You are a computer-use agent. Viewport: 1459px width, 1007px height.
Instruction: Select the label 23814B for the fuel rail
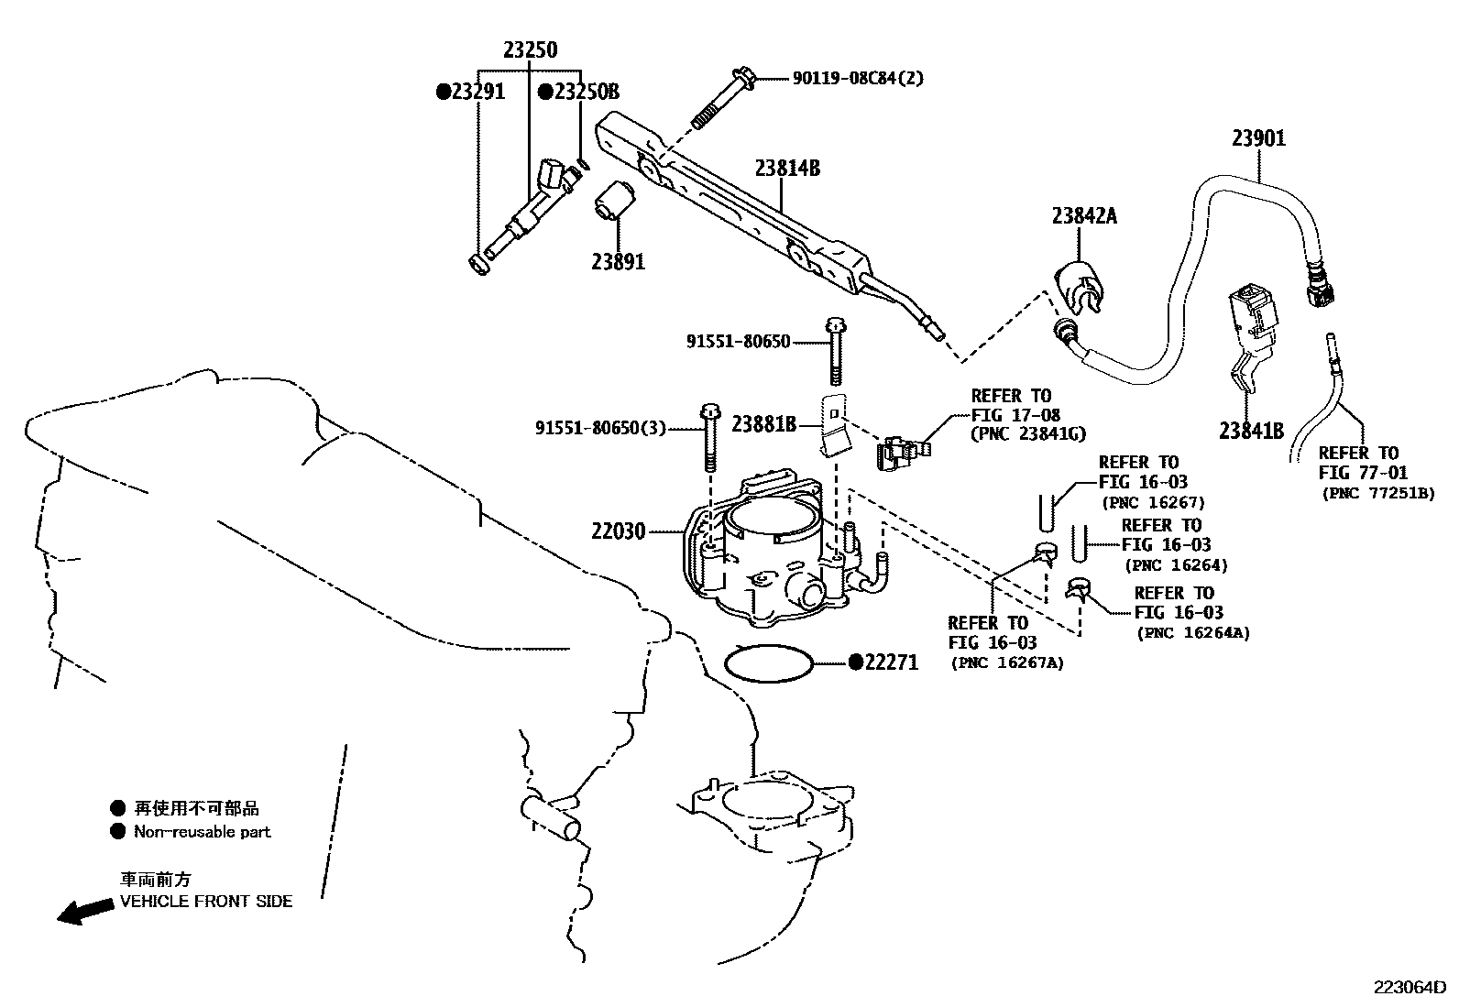pos(786,168)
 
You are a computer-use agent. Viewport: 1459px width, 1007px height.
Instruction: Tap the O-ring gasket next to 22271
pos(768,663)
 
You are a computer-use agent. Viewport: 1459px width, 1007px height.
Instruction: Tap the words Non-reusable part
pos(202,832)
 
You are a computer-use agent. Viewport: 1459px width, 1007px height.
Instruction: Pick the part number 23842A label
pos(1084,216)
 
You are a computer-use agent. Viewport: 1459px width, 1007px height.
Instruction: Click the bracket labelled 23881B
pos(833,423)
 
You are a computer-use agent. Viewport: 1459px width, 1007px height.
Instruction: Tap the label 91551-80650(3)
pos(600,428)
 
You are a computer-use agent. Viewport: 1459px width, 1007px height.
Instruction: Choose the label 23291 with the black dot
pos(470,92)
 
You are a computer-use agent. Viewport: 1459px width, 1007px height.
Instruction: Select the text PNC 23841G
pos(1026,434)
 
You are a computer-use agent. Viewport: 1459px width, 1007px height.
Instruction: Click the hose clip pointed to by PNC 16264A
pos(1078,587)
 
